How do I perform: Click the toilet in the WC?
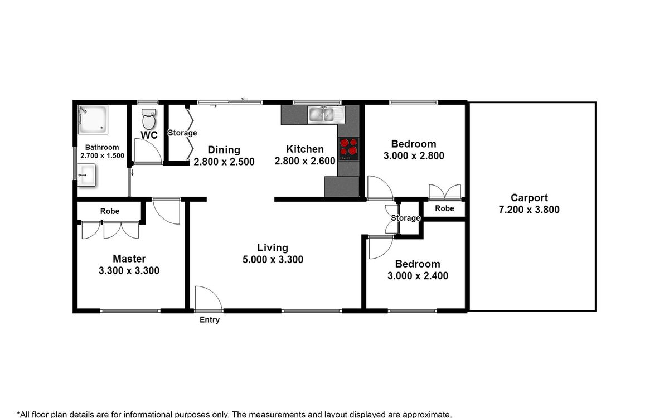(x=149, y=119)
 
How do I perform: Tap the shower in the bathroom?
(x=93, y=119)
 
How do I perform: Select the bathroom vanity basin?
(x=86, y=175)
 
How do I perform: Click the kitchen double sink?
(x=326, y=115)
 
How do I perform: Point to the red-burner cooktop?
(x=348, y=149)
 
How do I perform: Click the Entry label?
(x=210, y=320)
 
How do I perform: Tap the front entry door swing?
(x=209, y=298)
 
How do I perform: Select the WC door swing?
(x=148, y=151)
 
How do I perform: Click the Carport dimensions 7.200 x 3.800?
(x=529, y=210)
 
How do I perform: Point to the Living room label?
(x=273, y=247)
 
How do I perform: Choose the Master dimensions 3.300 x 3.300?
(x=129, y=270)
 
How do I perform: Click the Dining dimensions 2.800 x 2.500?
(x=224, y=162)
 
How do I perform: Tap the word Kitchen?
(x=305, y=149)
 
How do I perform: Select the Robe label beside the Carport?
(x=444, y=208)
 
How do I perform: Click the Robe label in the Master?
(x=110, y=211)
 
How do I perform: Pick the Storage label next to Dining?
(x=182, y=133)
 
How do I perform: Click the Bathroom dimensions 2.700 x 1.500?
(x=102, y=155)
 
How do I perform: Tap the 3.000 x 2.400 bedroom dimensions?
(x=418, y=275)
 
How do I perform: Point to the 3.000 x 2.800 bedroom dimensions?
(x=414, y=155)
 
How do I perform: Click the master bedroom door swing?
(x=167, y=211)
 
